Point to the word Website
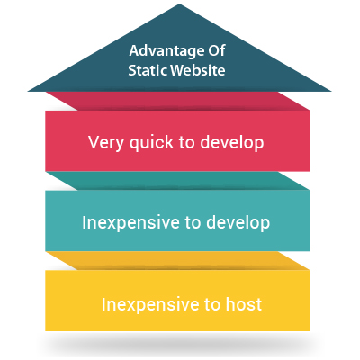pyautogui.click(x=198, y=70)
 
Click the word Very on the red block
pyautogui.click(x=106, y=143)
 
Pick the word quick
pyautogui.click(x=151, y=143)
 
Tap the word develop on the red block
pyautogui.click(x=232, y=142)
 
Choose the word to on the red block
pyautogui.click(x=186, y=142)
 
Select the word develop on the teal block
pyautogui.click(x=238, y=223)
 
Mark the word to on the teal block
pyautogui.click(x=193, y=223)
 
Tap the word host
pyautogui.click(x=244, y=303)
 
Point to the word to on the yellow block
pyautogui.click(x=212, y=304)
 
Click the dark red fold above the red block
pyautogui.click(x=177, y=101)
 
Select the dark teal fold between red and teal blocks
pyautogui.click(x=177, y=181)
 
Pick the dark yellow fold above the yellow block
pyautogui.click(x=177, y=261)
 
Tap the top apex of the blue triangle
pyautogui.click(x=179, y=4)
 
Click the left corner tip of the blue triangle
pyautogui.click(x=28, y=91)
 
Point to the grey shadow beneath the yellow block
pyautogui.click(x=178, y=342)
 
